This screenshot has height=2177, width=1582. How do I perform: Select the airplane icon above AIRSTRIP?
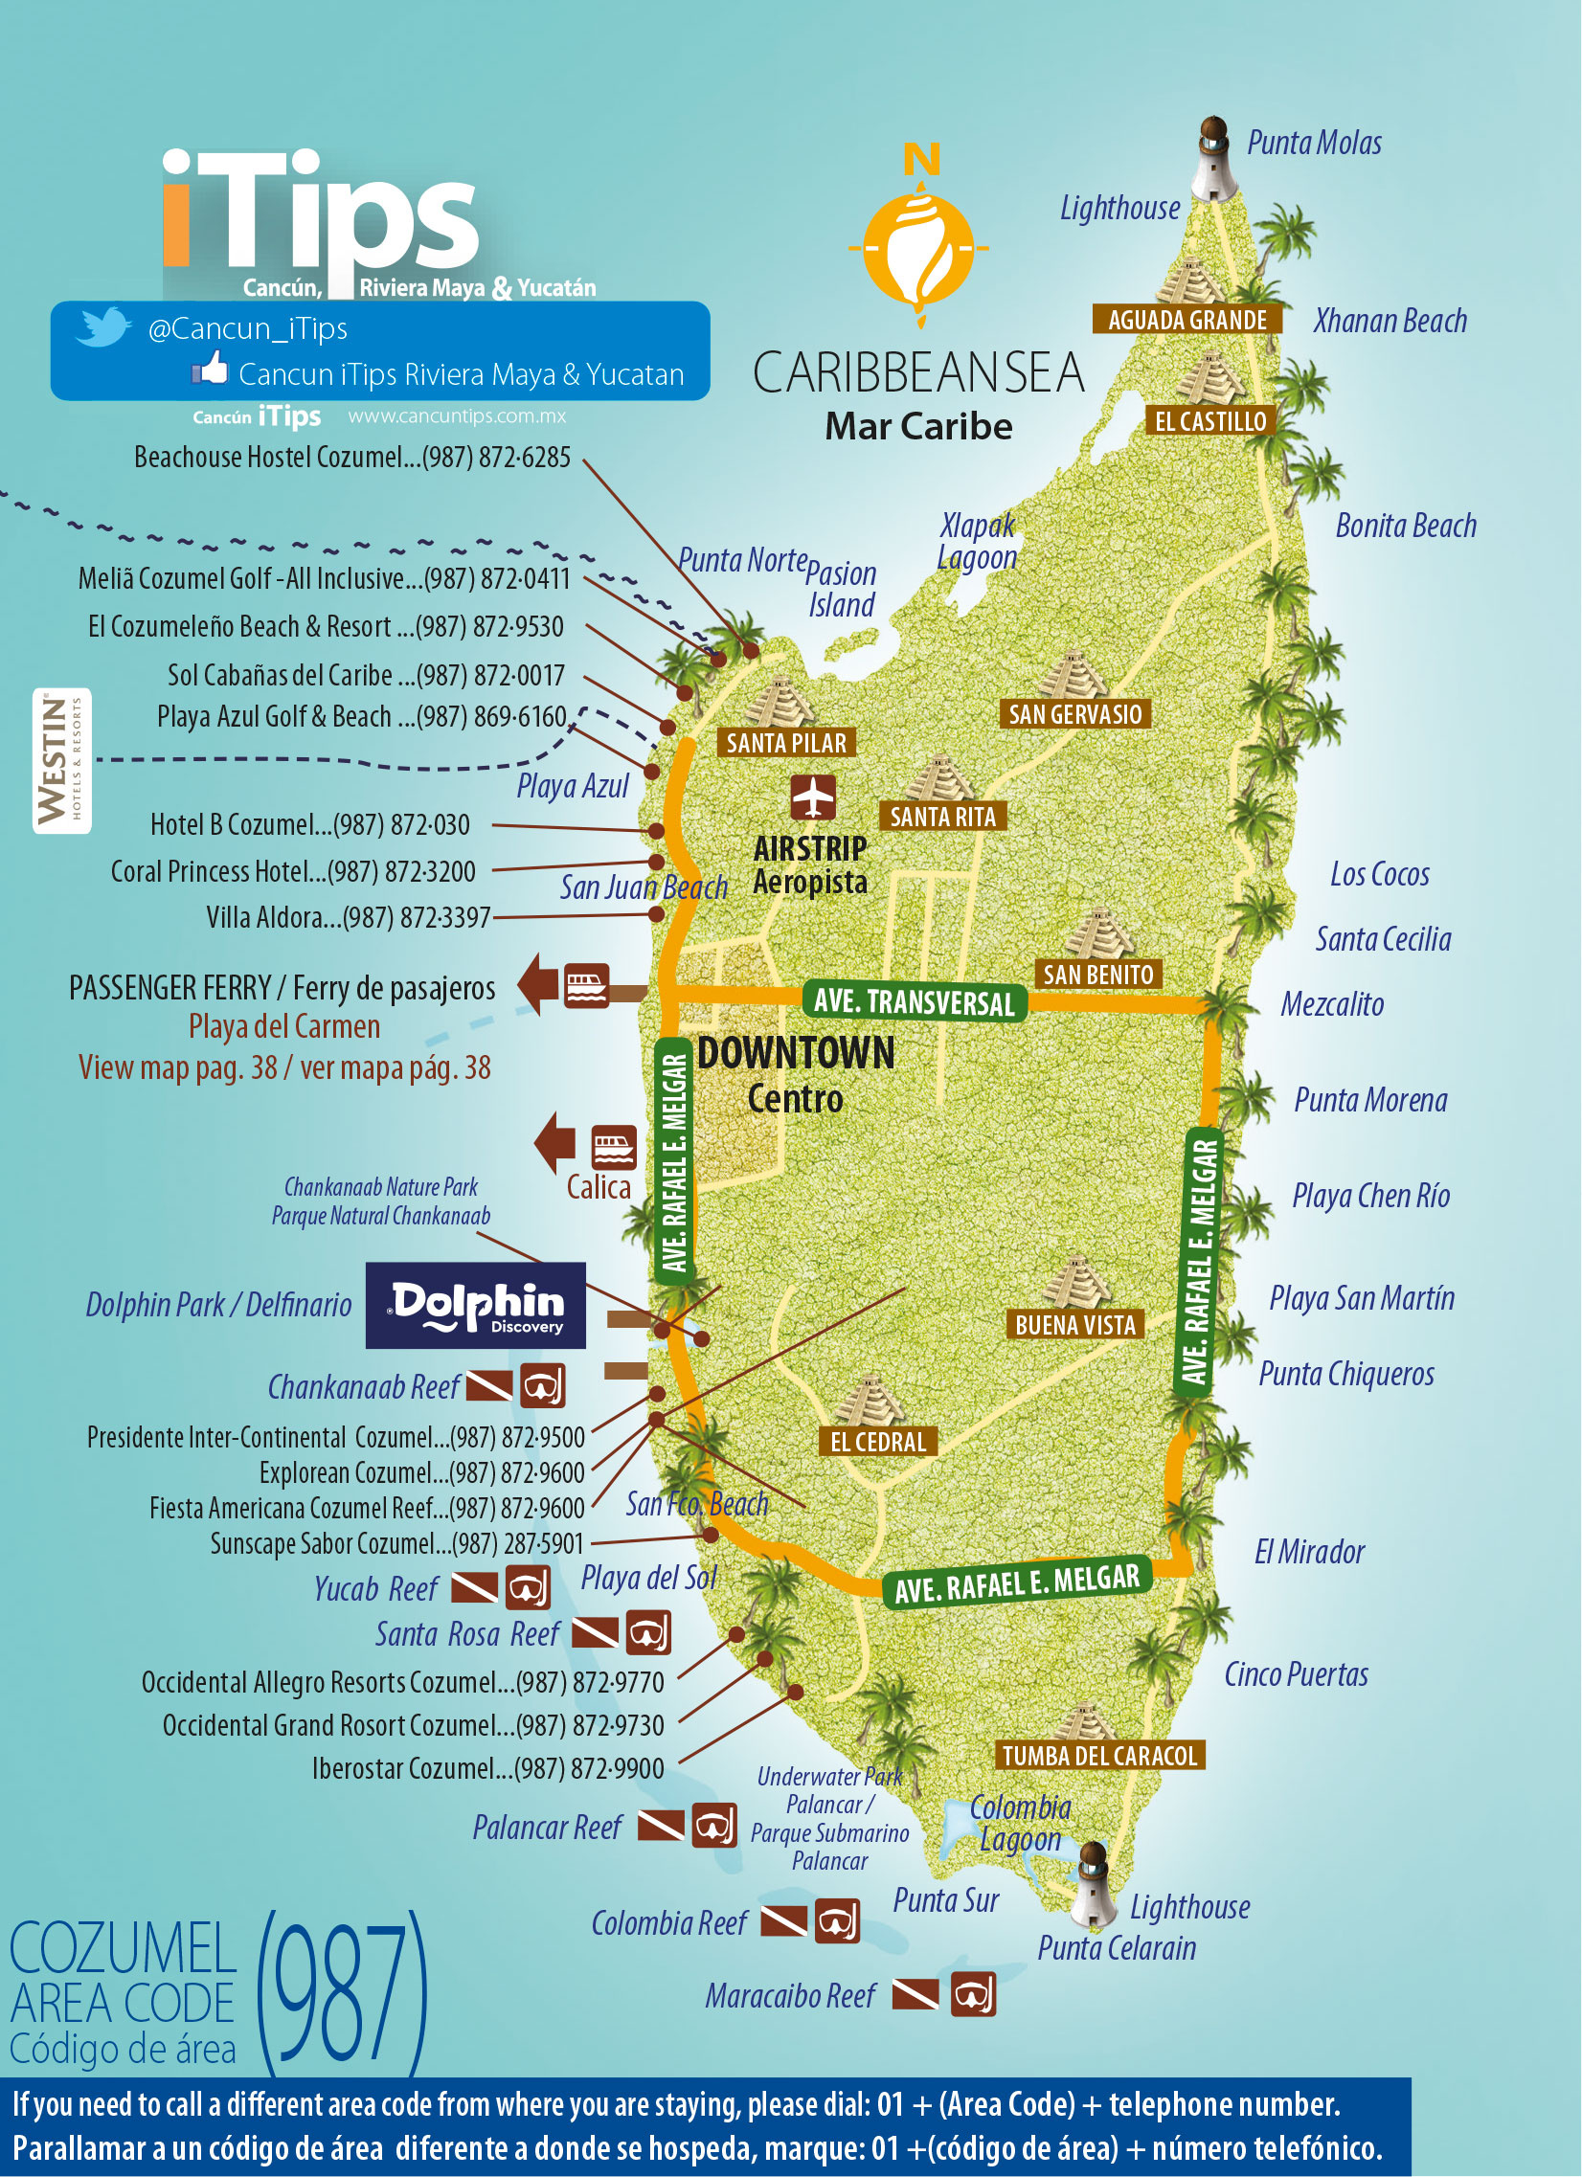point(813,797)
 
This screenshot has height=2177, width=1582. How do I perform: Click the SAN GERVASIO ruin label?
point(1075,714)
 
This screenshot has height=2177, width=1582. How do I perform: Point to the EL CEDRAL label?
point(877,1441)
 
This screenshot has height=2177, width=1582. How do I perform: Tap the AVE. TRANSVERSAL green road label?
point(914,1002)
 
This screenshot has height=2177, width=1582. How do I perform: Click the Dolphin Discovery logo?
point(476,1306)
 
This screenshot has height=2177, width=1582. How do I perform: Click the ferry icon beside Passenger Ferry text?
point(586,985)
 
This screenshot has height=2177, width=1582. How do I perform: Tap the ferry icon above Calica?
point(614,1147)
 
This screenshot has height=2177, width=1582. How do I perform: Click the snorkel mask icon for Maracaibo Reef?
point(973,1995)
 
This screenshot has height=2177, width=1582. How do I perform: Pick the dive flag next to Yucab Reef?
point(474,1588)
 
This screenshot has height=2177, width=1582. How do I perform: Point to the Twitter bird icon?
point(102,327)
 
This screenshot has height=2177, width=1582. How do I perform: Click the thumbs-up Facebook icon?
point(211,370)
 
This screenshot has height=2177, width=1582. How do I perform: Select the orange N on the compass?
point(921,159)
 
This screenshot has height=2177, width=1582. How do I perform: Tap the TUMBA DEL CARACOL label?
point(1099,1756)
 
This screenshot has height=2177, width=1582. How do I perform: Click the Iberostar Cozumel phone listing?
point(487,1768)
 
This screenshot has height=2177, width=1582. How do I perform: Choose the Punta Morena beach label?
point(1369,1100)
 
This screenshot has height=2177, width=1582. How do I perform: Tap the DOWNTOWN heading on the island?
point(796,1053)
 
